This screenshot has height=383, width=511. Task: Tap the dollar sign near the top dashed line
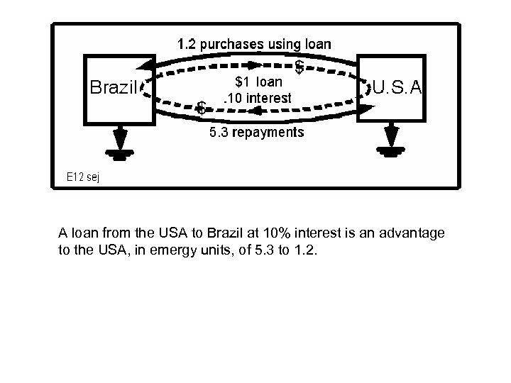(300, 67)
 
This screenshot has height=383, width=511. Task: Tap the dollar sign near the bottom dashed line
(202, 108)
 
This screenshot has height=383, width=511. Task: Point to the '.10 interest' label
(256, 98)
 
